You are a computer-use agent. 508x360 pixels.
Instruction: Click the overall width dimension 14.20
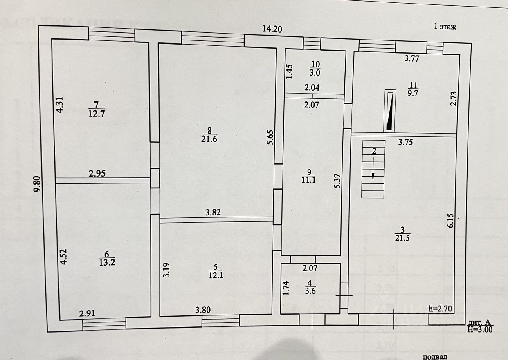272,29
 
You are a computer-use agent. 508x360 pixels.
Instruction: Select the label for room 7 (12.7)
97,110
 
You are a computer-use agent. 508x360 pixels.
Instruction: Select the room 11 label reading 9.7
413,89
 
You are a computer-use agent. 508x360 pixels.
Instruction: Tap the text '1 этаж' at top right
445,27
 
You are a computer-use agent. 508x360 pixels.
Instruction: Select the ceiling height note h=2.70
440,309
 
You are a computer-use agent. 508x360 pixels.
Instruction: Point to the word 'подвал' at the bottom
434,357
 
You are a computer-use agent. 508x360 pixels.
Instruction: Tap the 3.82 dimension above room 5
213,212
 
